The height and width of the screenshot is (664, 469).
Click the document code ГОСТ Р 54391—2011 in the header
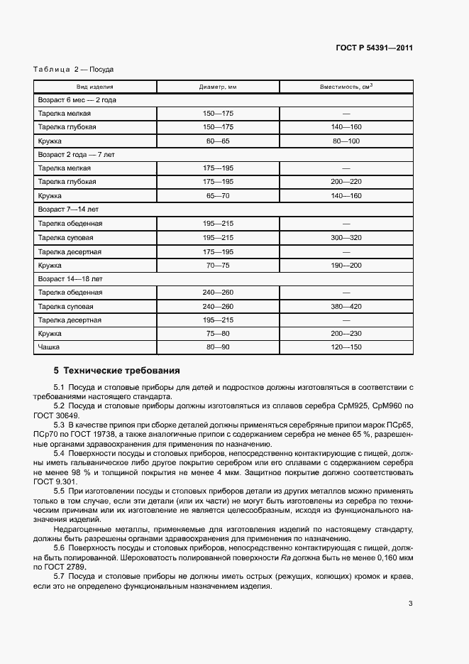point(374,48)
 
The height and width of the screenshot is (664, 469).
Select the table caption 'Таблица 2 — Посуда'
point(74,70)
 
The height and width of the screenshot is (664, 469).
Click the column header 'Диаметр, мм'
point(218,87)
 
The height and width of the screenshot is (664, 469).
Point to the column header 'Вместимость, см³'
point(346,87)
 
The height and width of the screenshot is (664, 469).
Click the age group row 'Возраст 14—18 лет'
point(70,279)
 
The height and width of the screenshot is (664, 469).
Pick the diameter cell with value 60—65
point(218,141)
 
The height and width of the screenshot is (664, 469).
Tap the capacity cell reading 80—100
point(346,141)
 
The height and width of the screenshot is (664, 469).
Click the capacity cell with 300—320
point(346,238)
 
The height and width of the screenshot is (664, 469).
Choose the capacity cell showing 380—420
point(346,306)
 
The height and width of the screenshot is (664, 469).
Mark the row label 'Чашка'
point(49,347)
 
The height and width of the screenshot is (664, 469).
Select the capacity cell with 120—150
point(346,347)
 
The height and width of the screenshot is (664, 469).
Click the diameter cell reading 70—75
point(218,265)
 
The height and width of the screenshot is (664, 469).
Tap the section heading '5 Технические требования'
point(117,371)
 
